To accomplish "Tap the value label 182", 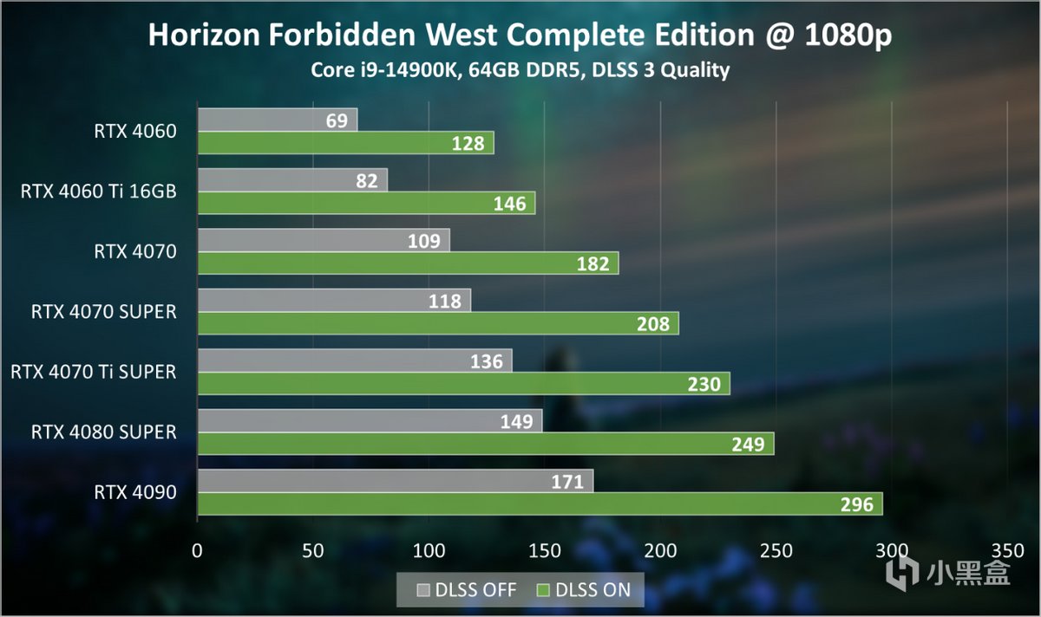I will tap(593, 263).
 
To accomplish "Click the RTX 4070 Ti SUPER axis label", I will tap(93, 372).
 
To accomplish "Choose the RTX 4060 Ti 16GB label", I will tap(98, 192).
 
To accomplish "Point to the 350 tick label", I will tap(1006, 550).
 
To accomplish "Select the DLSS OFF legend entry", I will tap(466, 590).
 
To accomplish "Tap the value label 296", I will tap(856, 504).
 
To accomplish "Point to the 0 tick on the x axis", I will tap(198, 550).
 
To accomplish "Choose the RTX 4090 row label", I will tap(135, 492).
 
